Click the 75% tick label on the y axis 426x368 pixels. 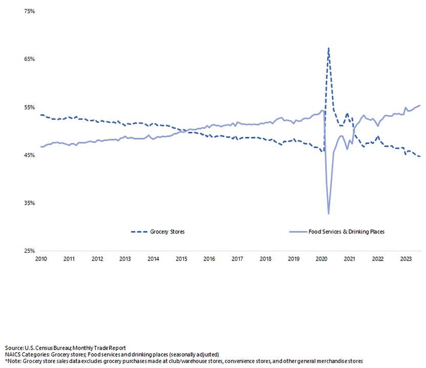click(29, 11)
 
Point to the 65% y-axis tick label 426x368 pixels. click(29, 59)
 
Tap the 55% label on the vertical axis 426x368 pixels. click(29, 107)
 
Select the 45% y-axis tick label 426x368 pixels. click(29, 155)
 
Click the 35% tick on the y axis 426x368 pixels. click(29, 203)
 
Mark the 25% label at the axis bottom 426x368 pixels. click(29, 251)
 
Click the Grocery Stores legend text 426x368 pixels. click(167, 232)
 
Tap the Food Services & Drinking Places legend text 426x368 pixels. click(346, 232)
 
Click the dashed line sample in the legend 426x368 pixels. click(139, 232)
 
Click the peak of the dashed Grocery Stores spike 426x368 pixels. click(328, 48)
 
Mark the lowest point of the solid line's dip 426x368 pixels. click(328, 213)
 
